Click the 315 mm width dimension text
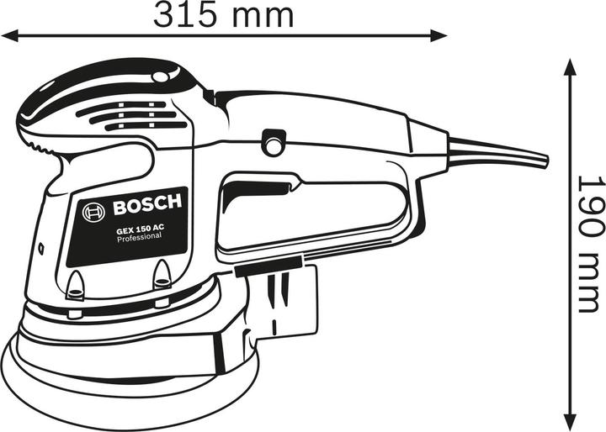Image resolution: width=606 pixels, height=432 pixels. [223, 14]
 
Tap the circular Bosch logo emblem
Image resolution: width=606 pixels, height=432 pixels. [92, 212]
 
